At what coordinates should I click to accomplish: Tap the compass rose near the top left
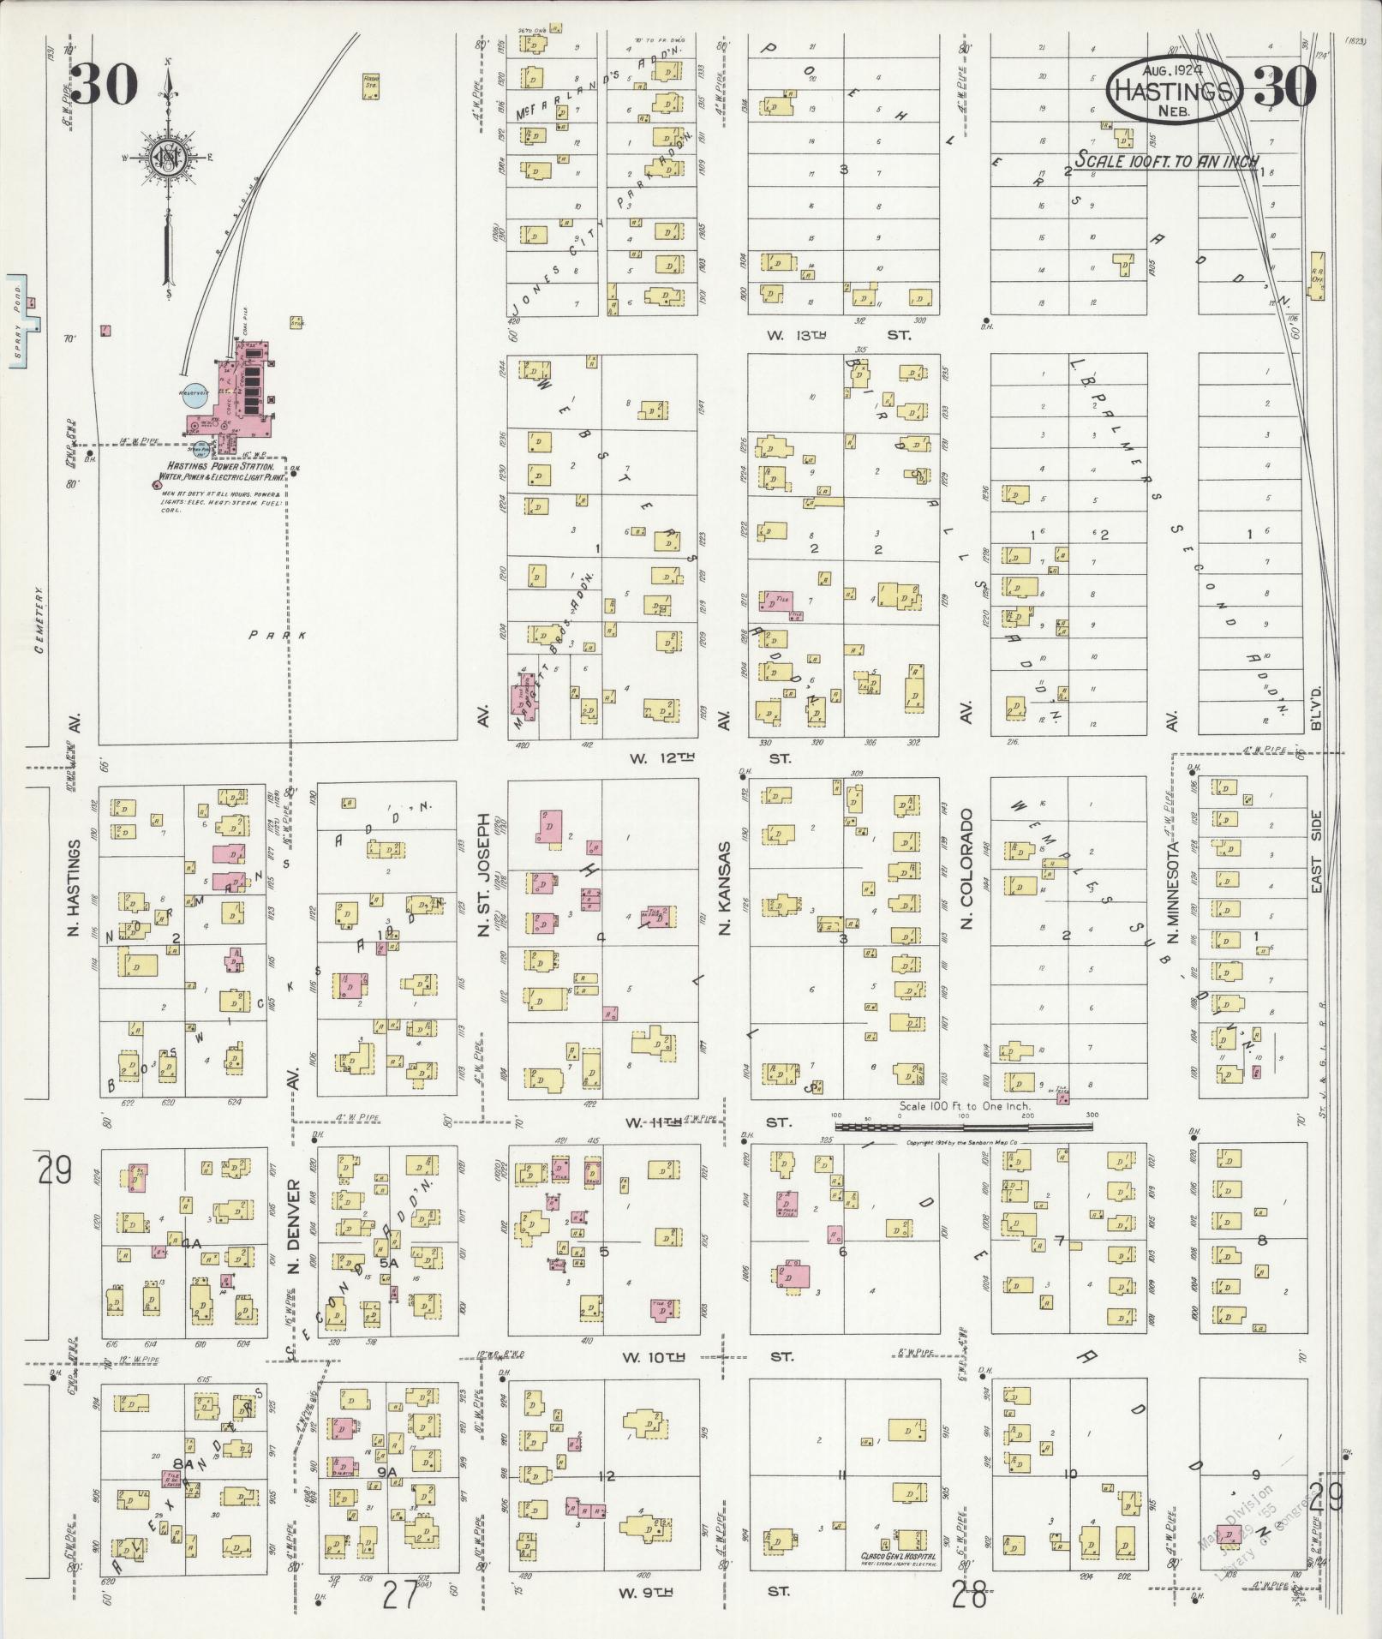point(169,159)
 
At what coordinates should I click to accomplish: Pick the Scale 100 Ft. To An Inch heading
point(1167,161)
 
